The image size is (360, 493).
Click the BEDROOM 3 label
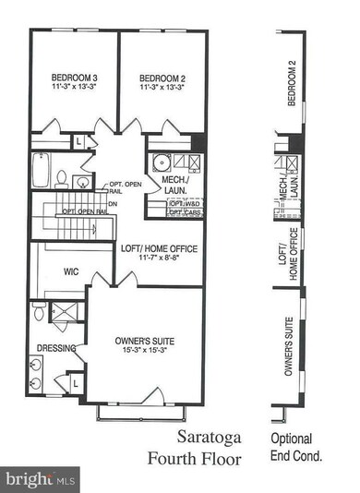pyautogui.click(x=71, y=78)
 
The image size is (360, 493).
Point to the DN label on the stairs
pyautogui.click(x=113, y=204)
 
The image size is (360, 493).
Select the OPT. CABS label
pyautogui.click(x=182, y=213)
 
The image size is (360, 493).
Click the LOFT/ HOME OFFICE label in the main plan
pyautogui.click(x=159, y=248)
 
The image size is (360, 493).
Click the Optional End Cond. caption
pyautogui.click(x=293, y=447)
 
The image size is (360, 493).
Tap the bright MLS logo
pyautogui.click(x=40, y=479)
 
